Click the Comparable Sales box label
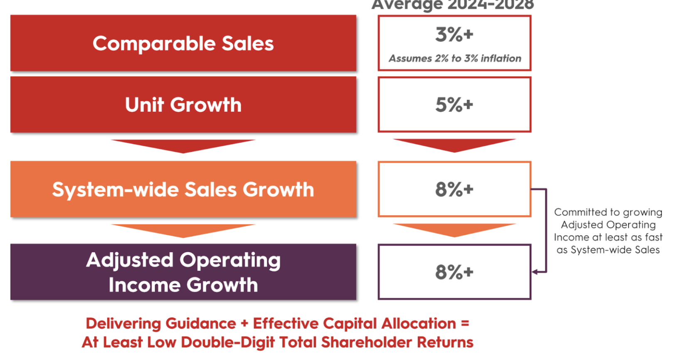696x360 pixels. tap(183, 44)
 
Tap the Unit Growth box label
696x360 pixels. tap(183, 105)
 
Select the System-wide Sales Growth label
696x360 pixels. tap(183, 190)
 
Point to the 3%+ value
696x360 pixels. tap(454, 35)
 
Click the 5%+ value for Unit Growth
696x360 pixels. tap(454, 105)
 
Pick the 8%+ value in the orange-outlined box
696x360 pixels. tap(454, 190)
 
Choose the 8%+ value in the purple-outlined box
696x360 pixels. tap(454, 272)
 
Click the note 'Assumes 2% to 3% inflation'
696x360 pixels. tap(454, 58)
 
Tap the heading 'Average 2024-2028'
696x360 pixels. tap(452, 5)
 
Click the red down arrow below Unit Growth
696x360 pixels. tap(183, 145)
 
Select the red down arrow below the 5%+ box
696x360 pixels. tap(454, 145)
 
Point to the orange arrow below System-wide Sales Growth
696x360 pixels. tap(183, 230)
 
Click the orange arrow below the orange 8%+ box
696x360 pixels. tap(454, 230)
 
